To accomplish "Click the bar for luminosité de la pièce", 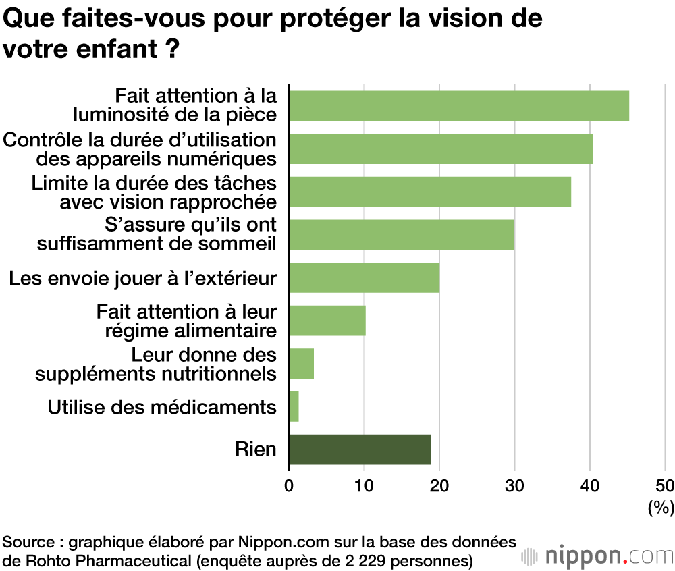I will pyautogui.click(x=459, y=106).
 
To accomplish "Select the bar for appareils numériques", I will pyautogui.click(x=441, y=148).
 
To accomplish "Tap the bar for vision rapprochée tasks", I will pyautogui.click(x=430, y=192).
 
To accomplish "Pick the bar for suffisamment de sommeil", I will pyautogui.click(x=402, y=234).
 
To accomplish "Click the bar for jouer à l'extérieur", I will pyautogui.click(x=364, y=277).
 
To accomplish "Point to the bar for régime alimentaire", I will pyautogui.click(x=327, y=321).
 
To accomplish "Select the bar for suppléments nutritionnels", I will pyautogui.click(x=302, y=363).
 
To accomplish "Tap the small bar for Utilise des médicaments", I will pyautogui.click(x=294, y=406).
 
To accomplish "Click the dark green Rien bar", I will pyautogui.click(x=360, y=450).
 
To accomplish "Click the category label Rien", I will pyautogui.click(x=256, y=449).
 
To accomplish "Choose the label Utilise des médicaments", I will pyautogui.click(x=162, y=407).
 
